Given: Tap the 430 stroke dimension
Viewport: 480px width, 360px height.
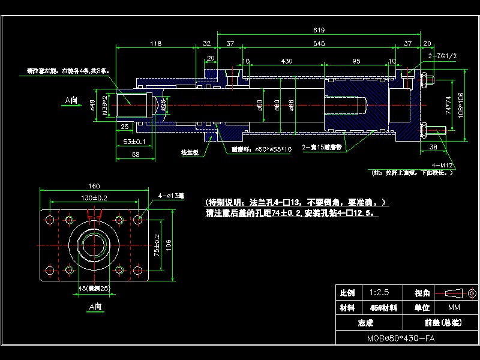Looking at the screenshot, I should tap(287, 61).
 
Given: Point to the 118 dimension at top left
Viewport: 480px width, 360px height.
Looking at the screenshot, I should tap(156, 44).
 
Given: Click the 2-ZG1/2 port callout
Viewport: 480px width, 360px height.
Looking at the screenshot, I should tap(443, 56).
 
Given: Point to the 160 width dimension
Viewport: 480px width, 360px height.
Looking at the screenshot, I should tap(94, 186).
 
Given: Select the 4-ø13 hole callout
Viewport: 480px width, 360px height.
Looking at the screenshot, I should tap(171, 196).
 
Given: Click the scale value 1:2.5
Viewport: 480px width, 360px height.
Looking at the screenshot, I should tap(380, 293).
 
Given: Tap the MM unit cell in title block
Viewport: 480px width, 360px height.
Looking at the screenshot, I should tap(454, 307).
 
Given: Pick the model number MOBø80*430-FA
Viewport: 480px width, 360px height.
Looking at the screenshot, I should tap(401, 338).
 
